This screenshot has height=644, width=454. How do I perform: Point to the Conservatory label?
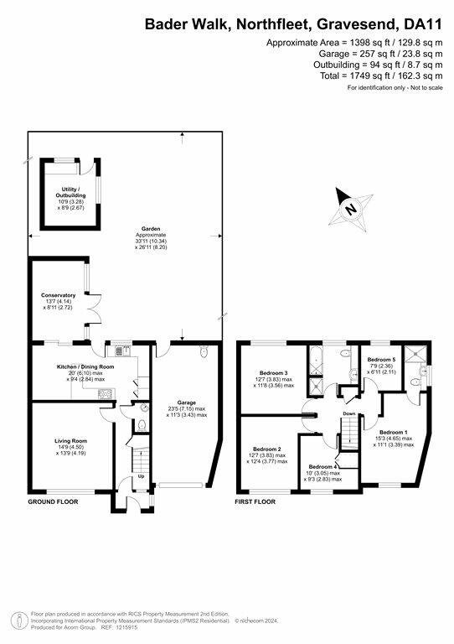59,295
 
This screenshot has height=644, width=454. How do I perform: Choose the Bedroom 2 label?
268,449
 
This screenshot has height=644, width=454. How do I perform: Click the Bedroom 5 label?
381,359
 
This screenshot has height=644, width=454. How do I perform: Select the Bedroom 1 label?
394,432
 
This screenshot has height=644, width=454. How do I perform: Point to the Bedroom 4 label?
322,466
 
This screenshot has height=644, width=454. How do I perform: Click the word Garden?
151,228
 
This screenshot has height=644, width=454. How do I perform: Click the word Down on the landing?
348,413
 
